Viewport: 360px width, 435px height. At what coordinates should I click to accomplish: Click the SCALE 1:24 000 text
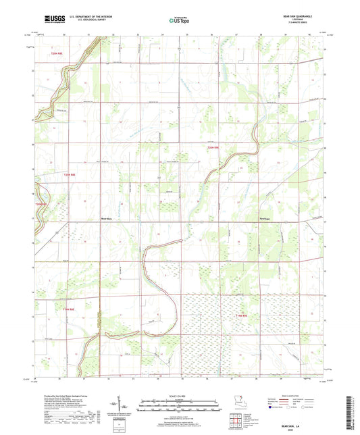pos(180,394)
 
